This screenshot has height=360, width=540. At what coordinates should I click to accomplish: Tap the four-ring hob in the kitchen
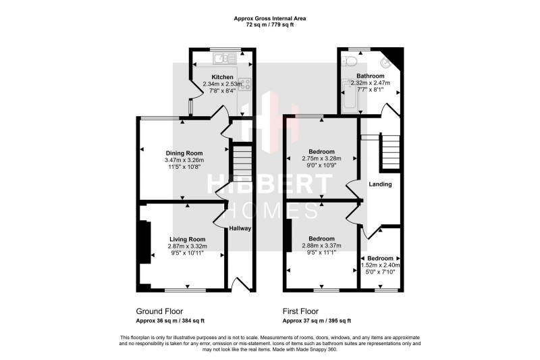(245, 84)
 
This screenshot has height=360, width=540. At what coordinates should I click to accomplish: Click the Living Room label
(187, 239)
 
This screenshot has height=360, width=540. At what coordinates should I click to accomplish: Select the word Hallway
(240, 228)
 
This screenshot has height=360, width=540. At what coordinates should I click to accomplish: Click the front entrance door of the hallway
(238, 282)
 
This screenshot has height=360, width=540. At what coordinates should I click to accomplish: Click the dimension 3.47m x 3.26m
(184, 160)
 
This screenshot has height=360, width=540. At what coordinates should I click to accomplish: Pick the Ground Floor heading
(159, 311)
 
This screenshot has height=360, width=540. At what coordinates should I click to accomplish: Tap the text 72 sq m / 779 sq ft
(269, 24)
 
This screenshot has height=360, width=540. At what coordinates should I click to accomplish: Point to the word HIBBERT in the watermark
(270, 184)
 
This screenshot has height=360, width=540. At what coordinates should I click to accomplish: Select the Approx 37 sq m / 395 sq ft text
(316, 321)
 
